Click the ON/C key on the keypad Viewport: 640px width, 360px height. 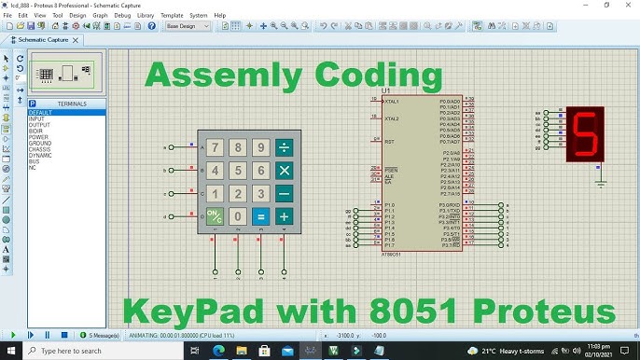215,216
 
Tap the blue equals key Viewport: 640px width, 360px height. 261,216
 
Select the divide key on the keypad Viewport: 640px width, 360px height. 284,147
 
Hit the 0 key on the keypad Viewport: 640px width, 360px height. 238,216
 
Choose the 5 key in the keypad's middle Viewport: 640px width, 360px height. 238,171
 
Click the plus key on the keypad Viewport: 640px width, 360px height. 284,216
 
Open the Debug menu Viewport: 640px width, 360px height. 122,16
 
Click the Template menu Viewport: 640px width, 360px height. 172,16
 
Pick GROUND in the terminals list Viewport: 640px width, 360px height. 39,143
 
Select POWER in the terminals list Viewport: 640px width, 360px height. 38,137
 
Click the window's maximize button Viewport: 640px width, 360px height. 606,5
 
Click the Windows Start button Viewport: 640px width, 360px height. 10,351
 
